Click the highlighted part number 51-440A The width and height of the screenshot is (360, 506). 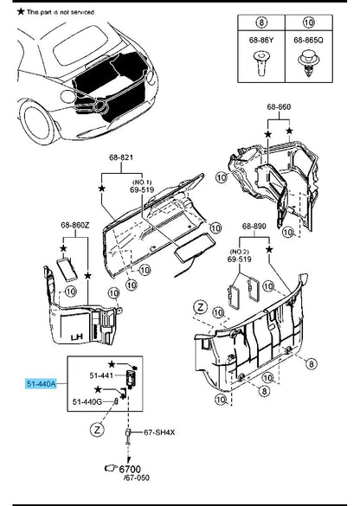41,384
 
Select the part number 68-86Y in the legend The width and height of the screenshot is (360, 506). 261,40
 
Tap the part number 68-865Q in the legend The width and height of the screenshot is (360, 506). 309,40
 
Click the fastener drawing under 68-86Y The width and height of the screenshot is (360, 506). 260,63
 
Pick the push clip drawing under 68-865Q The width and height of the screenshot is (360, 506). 309,64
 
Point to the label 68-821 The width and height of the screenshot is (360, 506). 121,157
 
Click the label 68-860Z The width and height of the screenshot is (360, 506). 75,225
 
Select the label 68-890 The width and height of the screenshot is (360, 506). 254,226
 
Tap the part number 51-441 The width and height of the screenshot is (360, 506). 101,375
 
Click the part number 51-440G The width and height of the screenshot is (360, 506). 87,401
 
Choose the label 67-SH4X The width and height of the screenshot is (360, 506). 159,432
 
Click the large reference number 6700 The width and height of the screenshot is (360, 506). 130,469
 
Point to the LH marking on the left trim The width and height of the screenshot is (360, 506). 77,337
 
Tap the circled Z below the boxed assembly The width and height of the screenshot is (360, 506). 97,430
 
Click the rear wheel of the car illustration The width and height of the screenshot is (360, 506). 36,124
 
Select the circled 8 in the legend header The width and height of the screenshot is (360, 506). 261,22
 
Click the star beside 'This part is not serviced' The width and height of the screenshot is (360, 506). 21,11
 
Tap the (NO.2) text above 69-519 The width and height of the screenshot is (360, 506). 239,252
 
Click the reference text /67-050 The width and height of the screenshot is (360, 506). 137,477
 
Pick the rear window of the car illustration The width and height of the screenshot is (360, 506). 80,45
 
